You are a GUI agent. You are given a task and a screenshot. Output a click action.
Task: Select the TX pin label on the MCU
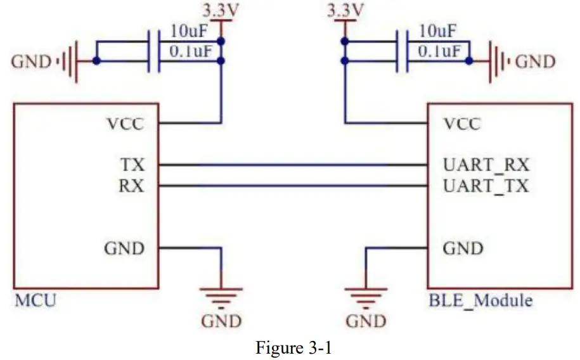click(x=132, y=165)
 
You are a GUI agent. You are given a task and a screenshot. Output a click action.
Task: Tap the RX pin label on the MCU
click(x=132, y=186)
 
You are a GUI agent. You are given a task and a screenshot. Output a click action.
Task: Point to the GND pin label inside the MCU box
click(x=124, y=248)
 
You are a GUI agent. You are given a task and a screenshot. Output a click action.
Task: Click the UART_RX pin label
click(x=486, y=165)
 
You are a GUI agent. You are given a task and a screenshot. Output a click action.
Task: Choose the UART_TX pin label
click(x=486, y=186)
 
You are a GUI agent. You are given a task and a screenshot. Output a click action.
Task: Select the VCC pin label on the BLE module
click(x=462, y=124)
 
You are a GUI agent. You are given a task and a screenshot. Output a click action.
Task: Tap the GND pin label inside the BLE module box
click(x=463, y=248)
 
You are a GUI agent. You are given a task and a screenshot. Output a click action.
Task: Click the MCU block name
click(x=35, y=299)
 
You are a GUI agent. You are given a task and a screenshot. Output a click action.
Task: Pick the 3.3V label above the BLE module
click(x=344, y=11)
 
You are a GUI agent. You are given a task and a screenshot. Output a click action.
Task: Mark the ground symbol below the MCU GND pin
click(x=221, y=295)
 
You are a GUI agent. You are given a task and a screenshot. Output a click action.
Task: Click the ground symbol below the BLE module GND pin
click(x=365, y=295)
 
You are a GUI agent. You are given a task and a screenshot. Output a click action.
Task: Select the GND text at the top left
click(x=32, y=61)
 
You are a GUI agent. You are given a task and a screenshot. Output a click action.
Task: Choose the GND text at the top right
click(x=536, y=61)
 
